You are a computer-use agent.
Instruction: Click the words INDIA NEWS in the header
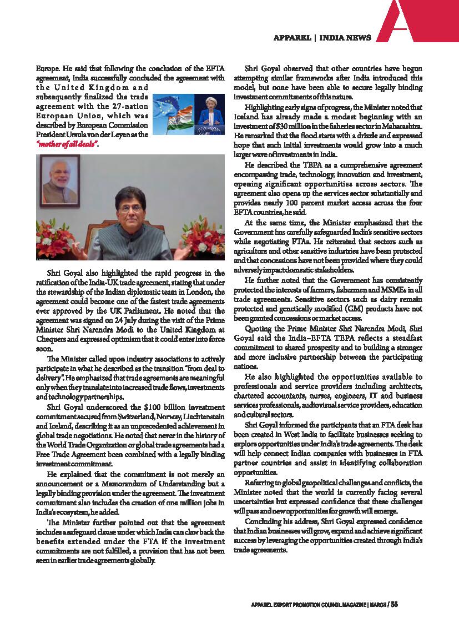346,38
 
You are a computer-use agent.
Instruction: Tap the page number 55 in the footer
394,605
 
